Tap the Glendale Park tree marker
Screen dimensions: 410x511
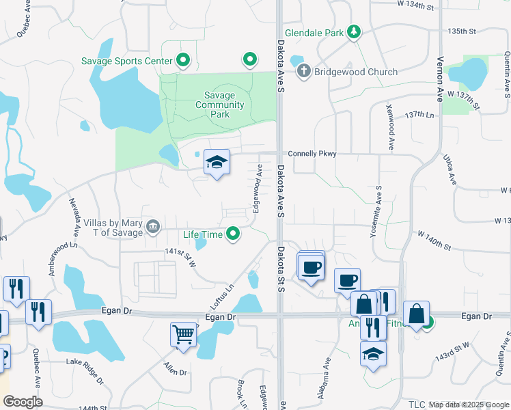[x=353, y=32]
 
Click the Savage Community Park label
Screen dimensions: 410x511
[x=219, y=105]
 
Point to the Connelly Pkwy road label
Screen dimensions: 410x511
[x=312, y=154]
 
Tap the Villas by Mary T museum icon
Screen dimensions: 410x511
[x=153, y=227]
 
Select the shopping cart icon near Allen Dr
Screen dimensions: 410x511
[x=184, y=335]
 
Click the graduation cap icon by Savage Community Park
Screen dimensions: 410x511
[x=217, y=163]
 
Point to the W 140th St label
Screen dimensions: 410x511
[x=434, y=239]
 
